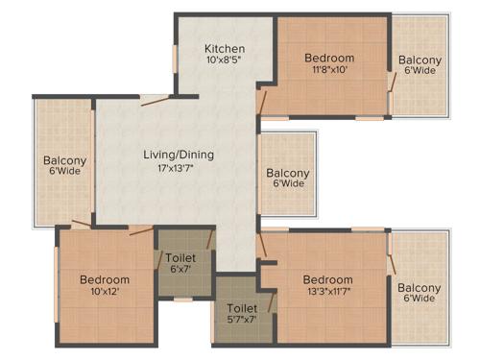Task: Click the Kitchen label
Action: (x=226, y=49)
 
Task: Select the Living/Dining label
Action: (x=179, y=155)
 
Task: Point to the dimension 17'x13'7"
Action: (x=179, y=168)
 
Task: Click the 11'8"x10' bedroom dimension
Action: (x=329, y=70)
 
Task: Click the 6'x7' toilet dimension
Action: (x=180, y=272)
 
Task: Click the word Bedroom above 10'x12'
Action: (x=105, y=279)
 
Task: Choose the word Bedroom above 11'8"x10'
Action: (x=329, y=58)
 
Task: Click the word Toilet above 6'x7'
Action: (x=180, y=258)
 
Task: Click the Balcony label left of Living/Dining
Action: (x=64, y=160)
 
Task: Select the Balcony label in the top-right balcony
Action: (x=420, y=60)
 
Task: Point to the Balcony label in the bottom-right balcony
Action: (x=420, y=288)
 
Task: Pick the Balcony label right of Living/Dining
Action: (x=288, y=173)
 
